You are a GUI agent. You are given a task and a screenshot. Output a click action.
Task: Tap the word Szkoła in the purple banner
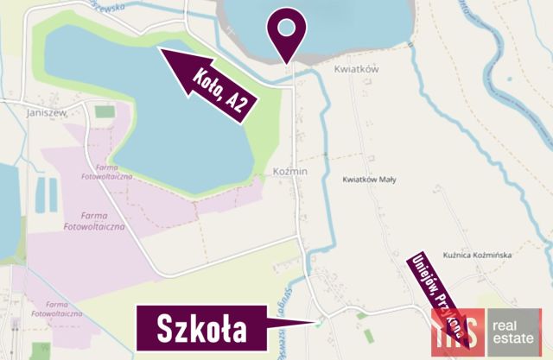point(201,329)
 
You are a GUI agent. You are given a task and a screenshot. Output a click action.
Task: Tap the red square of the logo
point(459,332)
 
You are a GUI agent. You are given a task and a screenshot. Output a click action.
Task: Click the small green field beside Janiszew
point(105,111)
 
